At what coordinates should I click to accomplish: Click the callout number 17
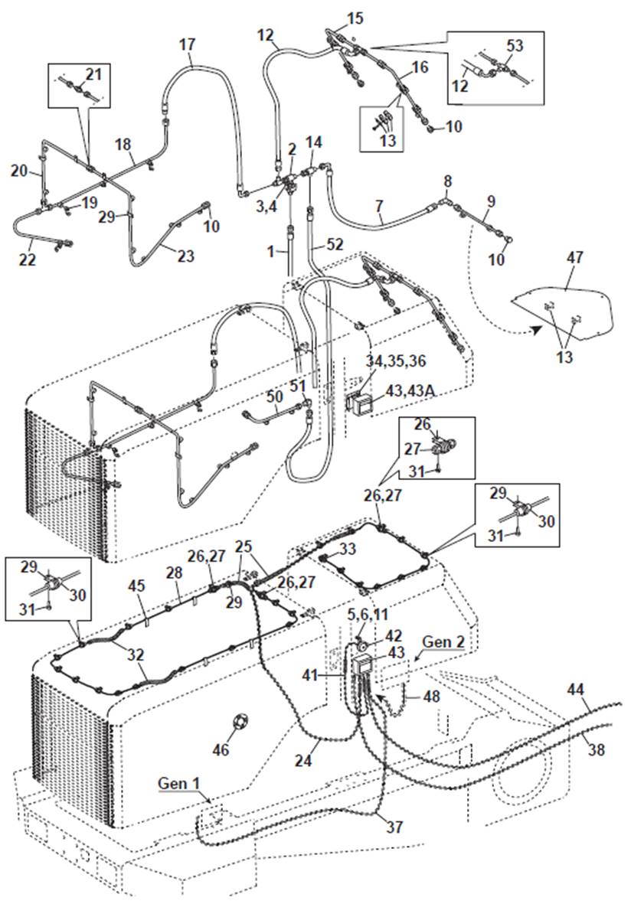click(x=188, y=44)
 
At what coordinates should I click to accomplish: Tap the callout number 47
click(x=575, y=257)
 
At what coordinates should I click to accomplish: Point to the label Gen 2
click(x=443, y=641)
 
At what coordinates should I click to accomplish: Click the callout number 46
click(x=221, y=749)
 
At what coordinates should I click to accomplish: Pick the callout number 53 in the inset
click(x=515, y=46)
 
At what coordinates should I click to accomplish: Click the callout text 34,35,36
click(x=396, y=361)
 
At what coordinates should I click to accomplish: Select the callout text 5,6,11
click(x=368, y=615)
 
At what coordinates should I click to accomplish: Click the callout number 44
click(x=575, y=690)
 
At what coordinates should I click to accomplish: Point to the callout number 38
click(x=596, y=749)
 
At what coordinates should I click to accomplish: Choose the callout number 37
click(x=394, y=827)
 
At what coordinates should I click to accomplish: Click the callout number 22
click(x=28, y=259)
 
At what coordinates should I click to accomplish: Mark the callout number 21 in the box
click(x=93, y=74)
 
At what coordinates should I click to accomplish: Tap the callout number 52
click(x=334, y=243)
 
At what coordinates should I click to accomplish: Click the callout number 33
click(x=347, y=548)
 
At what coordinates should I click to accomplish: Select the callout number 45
click(x=137, y=586)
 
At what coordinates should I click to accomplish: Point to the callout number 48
click(x=431, y=697)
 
